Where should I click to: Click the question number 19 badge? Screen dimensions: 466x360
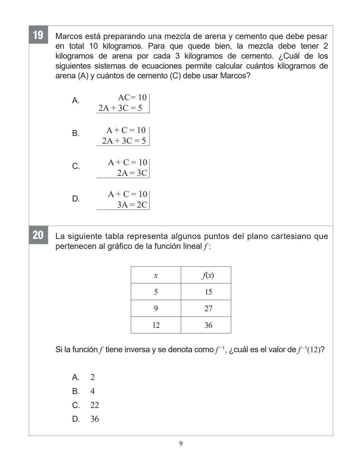pos(38,35)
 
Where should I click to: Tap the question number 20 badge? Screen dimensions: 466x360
pos(38,235)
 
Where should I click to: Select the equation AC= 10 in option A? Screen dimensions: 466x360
pos(132,97)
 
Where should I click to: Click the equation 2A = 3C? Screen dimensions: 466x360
pos(132,173)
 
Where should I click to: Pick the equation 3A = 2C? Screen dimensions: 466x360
pos(132,204)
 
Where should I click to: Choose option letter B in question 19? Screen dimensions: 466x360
pos(76,133)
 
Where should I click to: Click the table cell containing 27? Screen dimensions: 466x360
pos(208,309)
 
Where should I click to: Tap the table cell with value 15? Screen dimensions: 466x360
pos(208,292)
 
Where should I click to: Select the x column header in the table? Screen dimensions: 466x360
pos(156,275)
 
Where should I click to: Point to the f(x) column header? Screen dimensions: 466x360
pos(208,275)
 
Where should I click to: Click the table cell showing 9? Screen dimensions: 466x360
pos(156,309)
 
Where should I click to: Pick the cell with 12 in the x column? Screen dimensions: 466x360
pos(156,325)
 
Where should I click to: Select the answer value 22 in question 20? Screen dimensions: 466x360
pos(95,405)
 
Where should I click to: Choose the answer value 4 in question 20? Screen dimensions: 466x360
pos(92,391)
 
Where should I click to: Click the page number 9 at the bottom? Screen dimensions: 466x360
pos(181,444)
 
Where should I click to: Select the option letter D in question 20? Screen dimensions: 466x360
pos(76,419)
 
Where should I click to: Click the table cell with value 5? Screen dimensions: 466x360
pos(156,292)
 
